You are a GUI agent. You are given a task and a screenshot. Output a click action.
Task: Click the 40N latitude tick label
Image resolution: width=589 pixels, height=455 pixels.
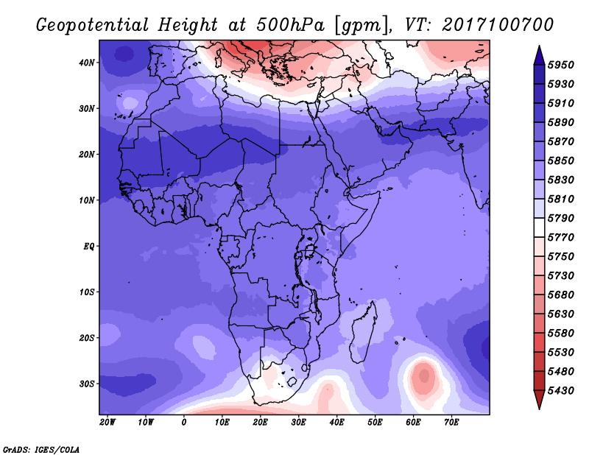pos(86,63)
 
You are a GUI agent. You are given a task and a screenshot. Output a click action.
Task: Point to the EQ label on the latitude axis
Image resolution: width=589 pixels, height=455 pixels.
pos(88,247)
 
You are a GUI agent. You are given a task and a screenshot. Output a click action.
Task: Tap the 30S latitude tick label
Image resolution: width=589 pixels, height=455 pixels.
pos(86,384)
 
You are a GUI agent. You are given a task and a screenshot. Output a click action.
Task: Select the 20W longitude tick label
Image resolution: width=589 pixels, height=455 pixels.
pos(107,423)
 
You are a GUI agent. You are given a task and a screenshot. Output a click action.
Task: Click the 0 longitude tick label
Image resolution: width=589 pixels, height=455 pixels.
pos(183,423)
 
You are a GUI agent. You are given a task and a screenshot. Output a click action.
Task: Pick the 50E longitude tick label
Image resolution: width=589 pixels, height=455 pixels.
pos(375,423)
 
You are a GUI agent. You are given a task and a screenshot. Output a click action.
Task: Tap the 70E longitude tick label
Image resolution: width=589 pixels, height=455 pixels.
pos(451,423)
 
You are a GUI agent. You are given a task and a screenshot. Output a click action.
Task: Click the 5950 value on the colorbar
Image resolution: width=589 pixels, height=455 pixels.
pos(560,65)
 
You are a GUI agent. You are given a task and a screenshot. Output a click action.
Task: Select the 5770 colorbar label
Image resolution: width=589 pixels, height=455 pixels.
pos(560,238)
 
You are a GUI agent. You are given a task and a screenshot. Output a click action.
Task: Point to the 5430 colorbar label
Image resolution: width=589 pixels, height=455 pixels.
pos(560,391)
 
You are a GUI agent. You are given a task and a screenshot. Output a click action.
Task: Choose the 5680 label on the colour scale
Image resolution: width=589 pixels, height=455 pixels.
pos(560,295)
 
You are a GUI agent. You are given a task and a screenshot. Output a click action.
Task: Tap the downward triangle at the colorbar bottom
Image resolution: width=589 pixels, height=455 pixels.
pos(539,400)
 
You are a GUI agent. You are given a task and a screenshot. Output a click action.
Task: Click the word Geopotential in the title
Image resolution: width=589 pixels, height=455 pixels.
pos(92,26)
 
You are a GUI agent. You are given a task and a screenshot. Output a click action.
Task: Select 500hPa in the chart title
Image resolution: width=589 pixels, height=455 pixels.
pos(290,25)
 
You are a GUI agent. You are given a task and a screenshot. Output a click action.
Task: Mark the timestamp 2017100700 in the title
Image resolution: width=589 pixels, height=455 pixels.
pos(498,25)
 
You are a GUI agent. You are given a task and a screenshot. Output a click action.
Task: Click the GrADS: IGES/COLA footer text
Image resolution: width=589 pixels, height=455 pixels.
pos(41,450)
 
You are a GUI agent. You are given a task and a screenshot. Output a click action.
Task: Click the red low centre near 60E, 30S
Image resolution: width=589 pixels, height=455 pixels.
pos(424,375)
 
